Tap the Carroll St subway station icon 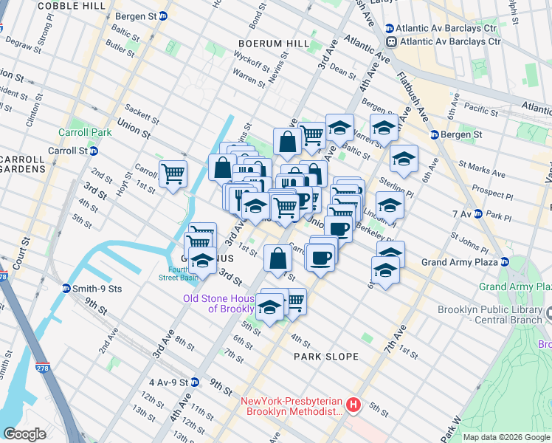click(94, 151)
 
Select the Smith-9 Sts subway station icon click(66, 289)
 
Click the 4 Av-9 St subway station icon click(194, 382)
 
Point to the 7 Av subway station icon click(478, 215)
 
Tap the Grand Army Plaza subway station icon click(504, 262)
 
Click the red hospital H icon click(353, 405)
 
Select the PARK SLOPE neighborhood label click(326, 357)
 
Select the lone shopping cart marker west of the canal click(173, 174)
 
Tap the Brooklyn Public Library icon click(548, 315)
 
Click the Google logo click(25, 434)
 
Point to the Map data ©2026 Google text click(506, 437)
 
